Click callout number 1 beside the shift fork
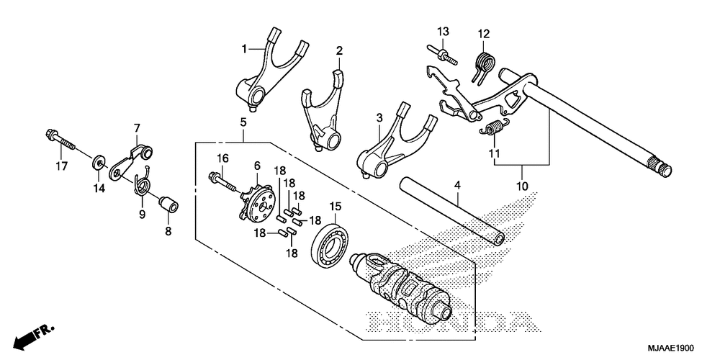245,48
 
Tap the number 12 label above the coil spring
484,33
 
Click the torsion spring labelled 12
482,63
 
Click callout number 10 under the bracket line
522,186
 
